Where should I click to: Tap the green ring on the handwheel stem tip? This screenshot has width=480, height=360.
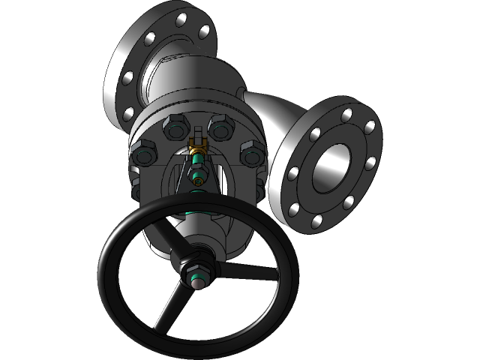pos(196,283)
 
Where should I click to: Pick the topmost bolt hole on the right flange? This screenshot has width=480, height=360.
pos(346,115)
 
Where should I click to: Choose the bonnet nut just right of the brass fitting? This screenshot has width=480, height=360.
pos(220,128)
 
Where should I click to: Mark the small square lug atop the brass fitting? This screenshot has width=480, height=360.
pos(198,138)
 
